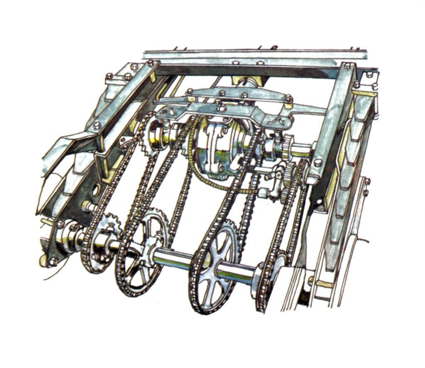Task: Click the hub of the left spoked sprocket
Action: click(143, 253)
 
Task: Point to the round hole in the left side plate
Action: click(96, 191)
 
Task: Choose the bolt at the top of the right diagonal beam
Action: click(347, 66)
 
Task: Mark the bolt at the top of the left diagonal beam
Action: click(150, 64)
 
